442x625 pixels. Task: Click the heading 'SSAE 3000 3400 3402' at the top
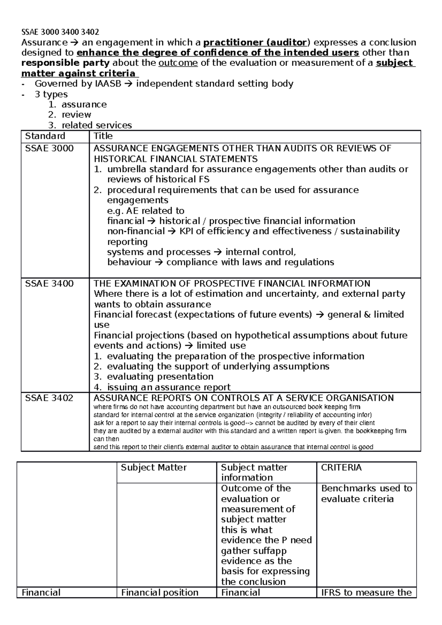pos(60,32)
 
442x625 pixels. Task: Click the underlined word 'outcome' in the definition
pos(178,63)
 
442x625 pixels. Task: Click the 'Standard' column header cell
pos(45,136)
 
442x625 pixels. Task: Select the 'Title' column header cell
pos(103,136)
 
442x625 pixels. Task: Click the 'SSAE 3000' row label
pos(49,149)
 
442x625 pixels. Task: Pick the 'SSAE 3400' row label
pos(49,284)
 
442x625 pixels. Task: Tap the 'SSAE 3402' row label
pos(49,398)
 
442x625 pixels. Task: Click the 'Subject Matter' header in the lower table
pos(154,468)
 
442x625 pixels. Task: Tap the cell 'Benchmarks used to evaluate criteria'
pos(366,494)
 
